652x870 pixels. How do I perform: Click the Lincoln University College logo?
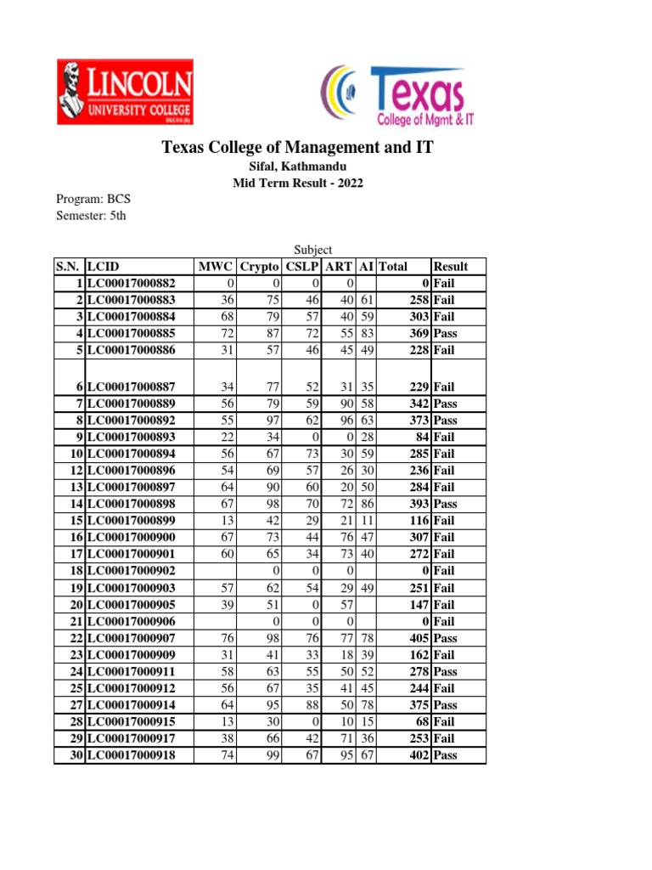[125, 91]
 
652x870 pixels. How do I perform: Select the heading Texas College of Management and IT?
[297, 148]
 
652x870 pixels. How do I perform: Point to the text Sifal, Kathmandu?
[297, 167]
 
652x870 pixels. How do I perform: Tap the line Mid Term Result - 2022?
[297, 184]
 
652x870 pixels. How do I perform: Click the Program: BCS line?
[93, 199]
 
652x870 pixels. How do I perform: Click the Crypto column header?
[260, 267]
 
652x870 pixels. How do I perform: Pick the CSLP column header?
[303, 267]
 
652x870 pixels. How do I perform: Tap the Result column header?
[451, 267]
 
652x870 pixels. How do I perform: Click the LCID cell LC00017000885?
[132, 334]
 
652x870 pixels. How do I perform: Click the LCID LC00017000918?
[132, 755]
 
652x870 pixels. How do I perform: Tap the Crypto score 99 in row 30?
[272, 755]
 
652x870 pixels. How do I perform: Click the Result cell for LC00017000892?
[446, 421]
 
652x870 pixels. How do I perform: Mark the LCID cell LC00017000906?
[132, 621]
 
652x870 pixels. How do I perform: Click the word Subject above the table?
[312, 250]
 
